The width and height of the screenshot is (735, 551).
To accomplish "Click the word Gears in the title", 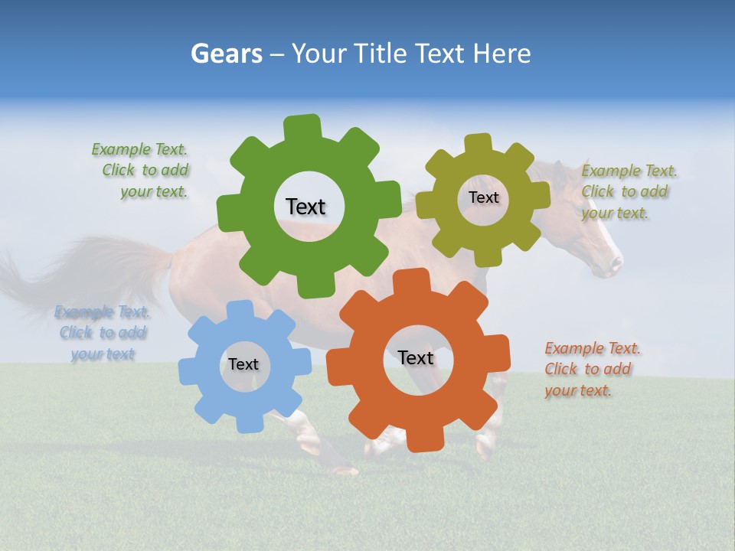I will click(x=226, y=54).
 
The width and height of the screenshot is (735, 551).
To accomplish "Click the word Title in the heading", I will click(x=380, y=54).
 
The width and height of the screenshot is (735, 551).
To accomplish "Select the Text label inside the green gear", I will click(x=305, y=207).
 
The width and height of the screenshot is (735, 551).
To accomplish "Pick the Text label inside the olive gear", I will click(x=483, y=197).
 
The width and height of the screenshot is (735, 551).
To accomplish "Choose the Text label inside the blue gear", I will click(x=243, y=364).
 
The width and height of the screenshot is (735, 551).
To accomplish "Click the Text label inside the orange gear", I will click(x=416, y=357).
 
